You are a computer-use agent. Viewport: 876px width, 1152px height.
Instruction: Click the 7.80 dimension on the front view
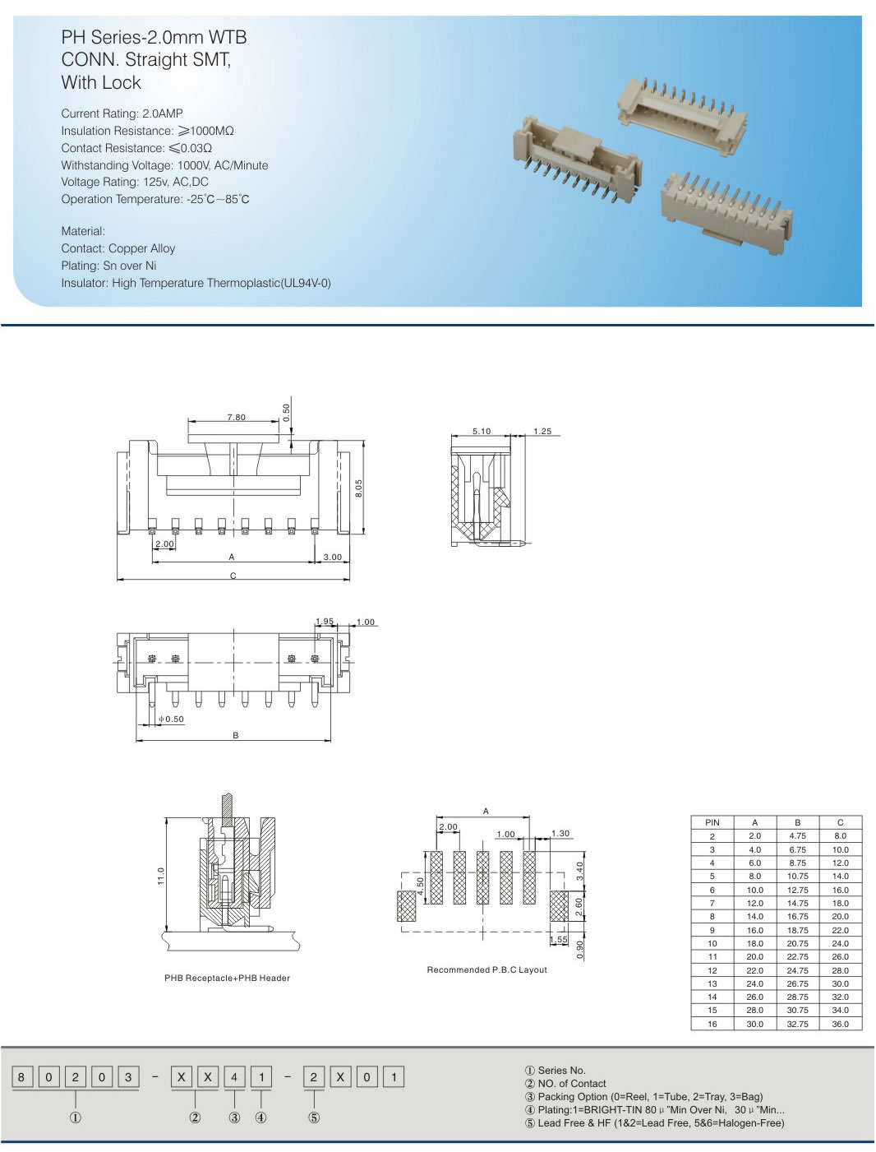236,417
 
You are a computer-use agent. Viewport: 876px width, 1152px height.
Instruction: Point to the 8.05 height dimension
358,488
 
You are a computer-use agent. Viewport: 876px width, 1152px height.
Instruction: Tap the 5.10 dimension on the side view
482,431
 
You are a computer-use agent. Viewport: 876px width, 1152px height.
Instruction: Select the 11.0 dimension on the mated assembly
161,876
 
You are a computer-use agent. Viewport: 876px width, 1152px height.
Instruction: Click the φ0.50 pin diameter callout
171,719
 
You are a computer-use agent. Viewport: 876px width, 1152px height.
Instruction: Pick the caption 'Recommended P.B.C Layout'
486,970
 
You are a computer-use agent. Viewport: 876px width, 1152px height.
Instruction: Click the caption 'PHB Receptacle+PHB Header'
227,979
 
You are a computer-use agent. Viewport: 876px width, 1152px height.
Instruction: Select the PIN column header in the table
712,822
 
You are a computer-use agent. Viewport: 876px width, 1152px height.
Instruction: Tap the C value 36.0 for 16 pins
840,1024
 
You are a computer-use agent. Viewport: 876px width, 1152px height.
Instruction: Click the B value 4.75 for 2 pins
797,835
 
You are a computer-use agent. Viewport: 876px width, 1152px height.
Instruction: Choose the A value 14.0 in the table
754,916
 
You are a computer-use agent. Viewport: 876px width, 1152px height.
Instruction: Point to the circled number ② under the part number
195,1117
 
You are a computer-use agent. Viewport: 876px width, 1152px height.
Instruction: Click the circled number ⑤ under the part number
314,1117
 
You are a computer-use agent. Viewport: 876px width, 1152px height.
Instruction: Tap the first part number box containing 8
21,1077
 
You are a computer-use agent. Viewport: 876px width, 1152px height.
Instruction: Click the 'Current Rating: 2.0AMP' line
122,113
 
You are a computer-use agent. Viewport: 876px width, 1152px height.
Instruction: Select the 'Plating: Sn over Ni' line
108,266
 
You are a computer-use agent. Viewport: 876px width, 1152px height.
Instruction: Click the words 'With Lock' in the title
101,83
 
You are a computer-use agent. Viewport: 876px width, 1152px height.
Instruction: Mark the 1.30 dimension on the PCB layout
560,834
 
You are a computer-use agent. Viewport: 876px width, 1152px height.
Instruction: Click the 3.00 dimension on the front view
332,557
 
